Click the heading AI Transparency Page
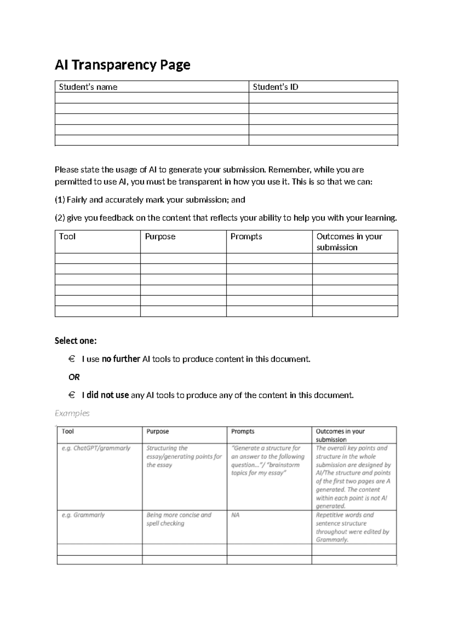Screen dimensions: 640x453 pos(122,65)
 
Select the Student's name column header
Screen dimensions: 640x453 pos(88,87)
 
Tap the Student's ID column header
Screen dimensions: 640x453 pos(275,87)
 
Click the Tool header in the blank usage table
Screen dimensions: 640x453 pos(67,237)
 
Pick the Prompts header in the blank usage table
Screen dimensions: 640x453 pos(246,237)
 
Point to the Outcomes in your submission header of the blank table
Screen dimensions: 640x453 pos(349,242)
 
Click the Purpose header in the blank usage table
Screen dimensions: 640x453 pos(160,237)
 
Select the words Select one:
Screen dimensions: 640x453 pos(75,341)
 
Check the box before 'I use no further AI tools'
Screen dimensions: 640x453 pos(72,359)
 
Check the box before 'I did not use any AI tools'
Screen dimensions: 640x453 pos(72,395)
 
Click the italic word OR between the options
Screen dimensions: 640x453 pos(74,377)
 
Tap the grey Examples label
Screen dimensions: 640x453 pos(72,414)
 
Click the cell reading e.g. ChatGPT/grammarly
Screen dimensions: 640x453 pos(96,448)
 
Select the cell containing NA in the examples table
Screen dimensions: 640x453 pos(235,515)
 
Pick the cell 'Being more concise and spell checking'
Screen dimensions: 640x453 pos(179,519)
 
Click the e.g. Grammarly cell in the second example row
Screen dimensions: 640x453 pos(83,515)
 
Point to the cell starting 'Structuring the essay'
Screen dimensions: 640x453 pos(184,457)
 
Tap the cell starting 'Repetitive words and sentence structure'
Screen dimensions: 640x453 pos(352,527)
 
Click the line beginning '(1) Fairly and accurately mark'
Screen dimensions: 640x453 pos(150,200)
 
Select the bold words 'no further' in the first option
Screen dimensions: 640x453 pos(121,359)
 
